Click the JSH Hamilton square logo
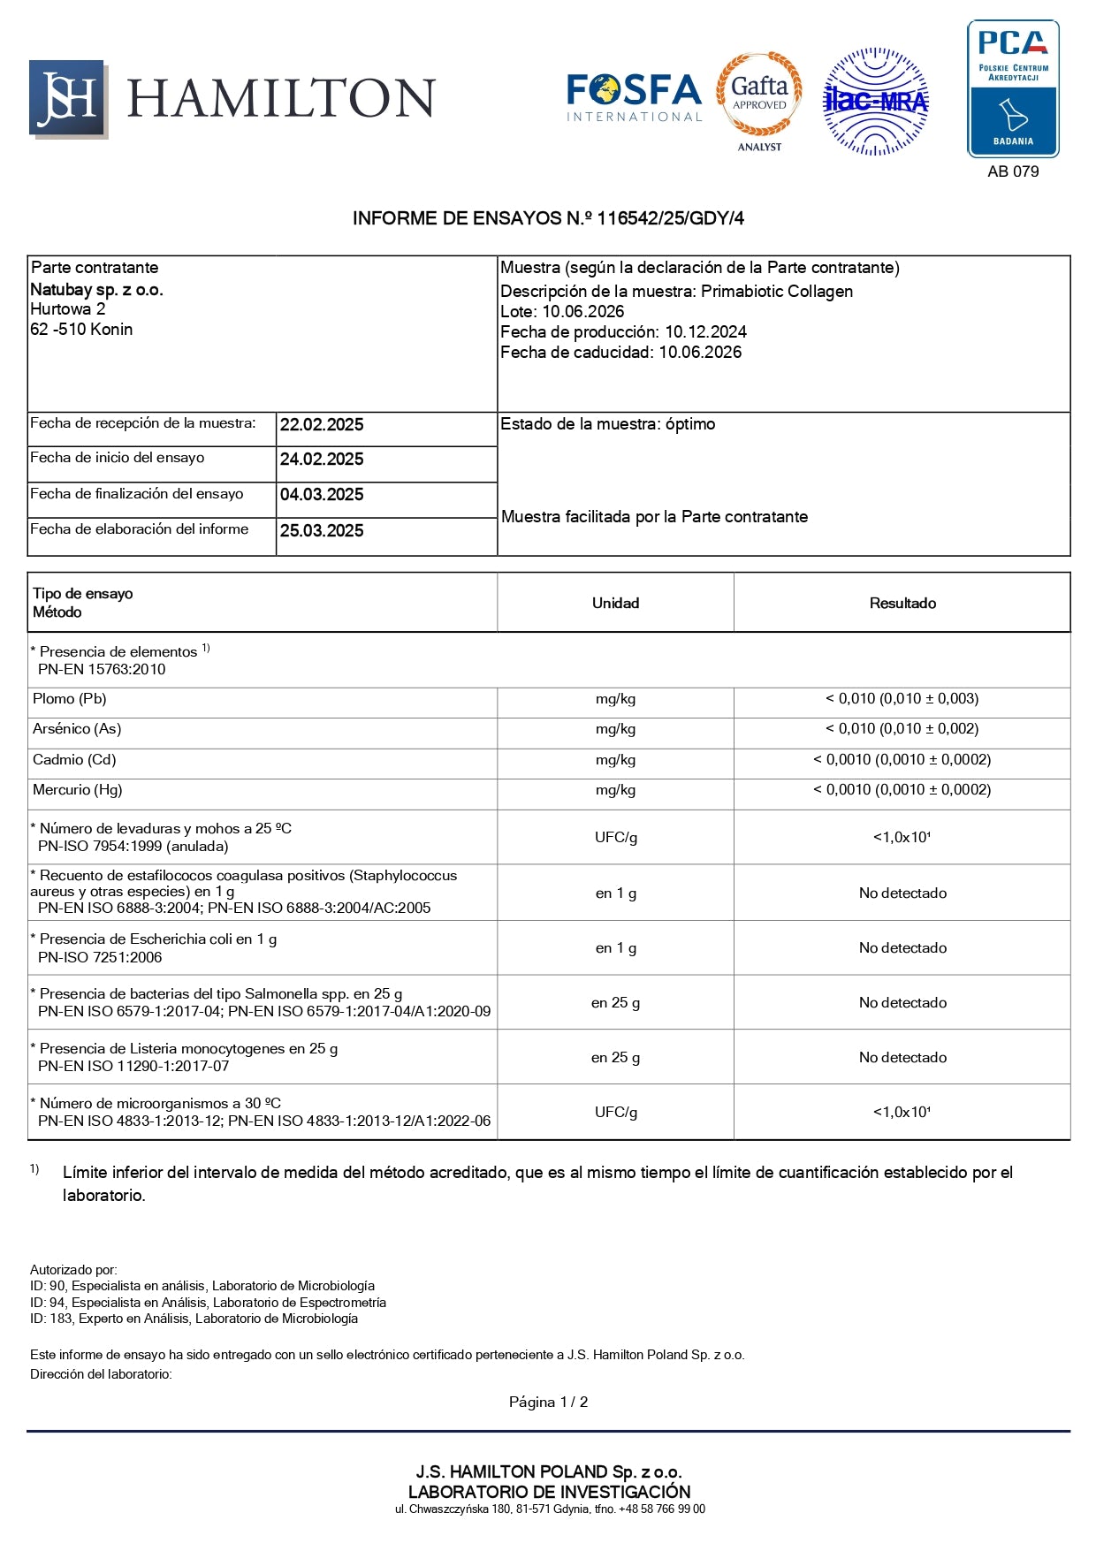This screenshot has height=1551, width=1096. [x=68, y=99]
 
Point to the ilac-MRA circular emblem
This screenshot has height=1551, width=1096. [x=875, y=102]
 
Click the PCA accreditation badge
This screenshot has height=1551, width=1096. [x=1013, y=88]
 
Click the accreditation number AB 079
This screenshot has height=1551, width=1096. [x=1013, y=171]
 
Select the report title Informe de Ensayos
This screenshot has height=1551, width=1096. [x=548, y=218]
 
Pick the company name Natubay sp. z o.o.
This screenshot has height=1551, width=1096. [x=96, y=290]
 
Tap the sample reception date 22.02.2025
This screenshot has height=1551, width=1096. [x=322, y=425]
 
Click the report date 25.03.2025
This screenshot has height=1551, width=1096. [x=322, y=531]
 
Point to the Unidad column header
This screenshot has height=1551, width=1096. [x=615, y=603]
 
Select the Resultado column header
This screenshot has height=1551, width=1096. [x=902, y=603]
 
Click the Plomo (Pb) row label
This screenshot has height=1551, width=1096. [x=70, y=699]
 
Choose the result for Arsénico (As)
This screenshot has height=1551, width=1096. [x=902, y=729]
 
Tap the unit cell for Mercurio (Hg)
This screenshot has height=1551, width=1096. [x=615, y=790]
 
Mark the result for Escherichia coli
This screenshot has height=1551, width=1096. [x=902, y=947]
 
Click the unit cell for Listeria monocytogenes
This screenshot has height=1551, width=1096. [x=615, y=1057]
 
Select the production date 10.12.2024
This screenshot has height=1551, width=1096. [x=705, y=332]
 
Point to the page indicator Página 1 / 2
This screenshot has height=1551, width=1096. [x=548, y=1402]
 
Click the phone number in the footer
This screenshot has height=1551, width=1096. [x=661, y=1509]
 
